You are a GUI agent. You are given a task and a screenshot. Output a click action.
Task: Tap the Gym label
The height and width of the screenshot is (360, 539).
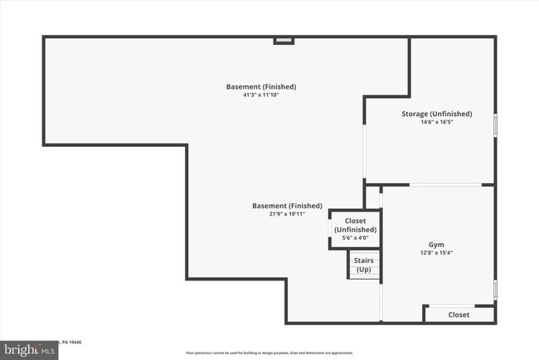pyautogui.click(x=436, y=245)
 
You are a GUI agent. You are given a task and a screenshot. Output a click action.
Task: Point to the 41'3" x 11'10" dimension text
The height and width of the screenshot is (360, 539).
pyautogui.click(x=261, y=95)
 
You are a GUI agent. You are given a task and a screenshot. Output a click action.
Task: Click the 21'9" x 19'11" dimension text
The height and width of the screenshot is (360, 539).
pyautogui.click(x=287, y=214)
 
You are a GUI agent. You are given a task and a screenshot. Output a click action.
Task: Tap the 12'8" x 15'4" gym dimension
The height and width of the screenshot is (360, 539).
pyautogui.click(x=436, y=253)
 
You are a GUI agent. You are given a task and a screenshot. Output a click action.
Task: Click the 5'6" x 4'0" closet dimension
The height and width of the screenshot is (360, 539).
pyautogui.click(x=355, y=239)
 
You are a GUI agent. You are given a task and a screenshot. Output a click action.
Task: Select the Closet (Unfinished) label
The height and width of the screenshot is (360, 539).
pyautogui.click(x=355, y=225)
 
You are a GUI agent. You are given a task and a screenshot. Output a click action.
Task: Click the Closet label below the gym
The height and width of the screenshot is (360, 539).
pyautogui.click(x=459, y=314)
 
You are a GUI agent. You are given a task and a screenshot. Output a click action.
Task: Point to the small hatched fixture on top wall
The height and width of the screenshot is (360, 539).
pyautogui.click(x=284, y=38)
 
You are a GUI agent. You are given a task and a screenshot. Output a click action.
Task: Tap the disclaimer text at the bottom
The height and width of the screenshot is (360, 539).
pyautogui.click(x=269, y=352)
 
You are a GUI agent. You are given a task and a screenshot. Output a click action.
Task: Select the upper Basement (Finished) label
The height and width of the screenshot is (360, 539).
pyautogui.click(x=261, y=86)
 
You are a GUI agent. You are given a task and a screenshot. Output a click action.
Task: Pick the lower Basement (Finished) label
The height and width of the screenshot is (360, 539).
pyautogui.click(x=287, y=206)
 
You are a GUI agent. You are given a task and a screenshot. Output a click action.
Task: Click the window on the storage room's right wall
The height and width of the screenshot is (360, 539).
pyautogui.click(x=495, y=124)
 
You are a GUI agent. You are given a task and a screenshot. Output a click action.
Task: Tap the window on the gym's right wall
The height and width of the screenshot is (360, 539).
pyautogui.click(x=495, y=289)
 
